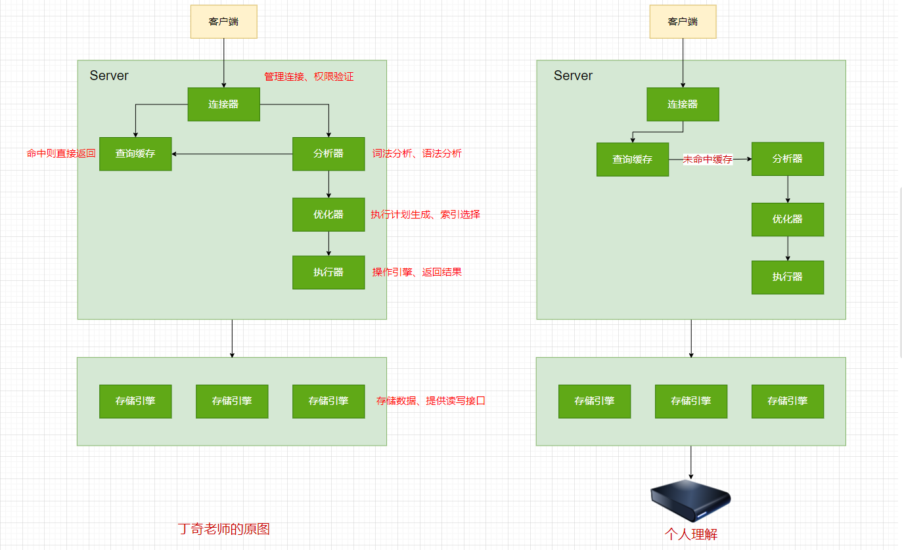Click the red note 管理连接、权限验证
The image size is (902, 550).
tap(309, 77)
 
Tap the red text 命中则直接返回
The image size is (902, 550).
tap(61, 154)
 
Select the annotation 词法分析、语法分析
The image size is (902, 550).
tap(417, 154)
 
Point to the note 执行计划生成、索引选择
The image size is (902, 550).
tap(425, 215)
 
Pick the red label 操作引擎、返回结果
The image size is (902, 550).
tap(417, 272)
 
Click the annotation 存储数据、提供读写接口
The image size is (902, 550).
tap(430, 401)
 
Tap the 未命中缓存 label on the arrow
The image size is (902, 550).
tap(708, 159)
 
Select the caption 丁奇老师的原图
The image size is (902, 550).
tap(224, 529)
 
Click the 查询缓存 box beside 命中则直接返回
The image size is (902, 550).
tap(135, 154)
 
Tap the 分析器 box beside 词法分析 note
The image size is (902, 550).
tap(328, 154)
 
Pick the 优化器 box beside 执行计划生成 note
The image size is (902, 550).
tap(328, 215)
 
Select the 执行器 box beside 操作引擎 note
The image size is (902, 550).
tap(328, 272)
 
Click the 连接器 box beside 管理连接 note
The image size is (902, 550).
tap(223, 104)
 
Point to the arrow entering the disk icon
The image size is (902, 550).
tap(690, 463)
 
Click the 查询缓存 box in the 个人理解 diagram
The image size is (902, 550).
tap(633, 159)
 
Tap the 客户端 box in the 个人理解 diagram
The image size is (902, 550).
tap(683, 22)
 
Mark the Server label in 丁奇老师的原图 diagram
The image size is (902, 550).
tap(109, 75)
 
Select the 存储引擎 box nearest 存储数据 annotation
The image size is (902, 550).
tap(328, 401)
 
